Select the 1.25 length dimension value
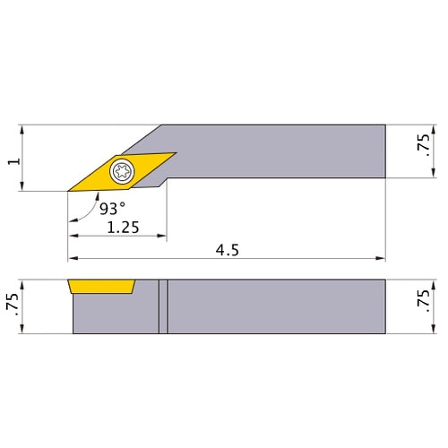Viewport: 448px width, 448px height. click(x=123, y=228)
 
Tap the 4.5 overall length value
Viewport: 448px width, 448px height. click(x=228, y=251)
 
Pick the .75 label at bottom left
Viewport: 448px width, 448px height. click(x=11, y=305)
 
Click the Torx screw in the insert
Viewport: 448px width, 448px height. click(x=121, y=170)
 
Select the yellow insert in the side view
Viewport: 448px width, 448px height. click(x=101, y=288)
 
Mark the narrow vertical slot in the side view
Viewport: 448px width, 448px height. click(x=163, y=306)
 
